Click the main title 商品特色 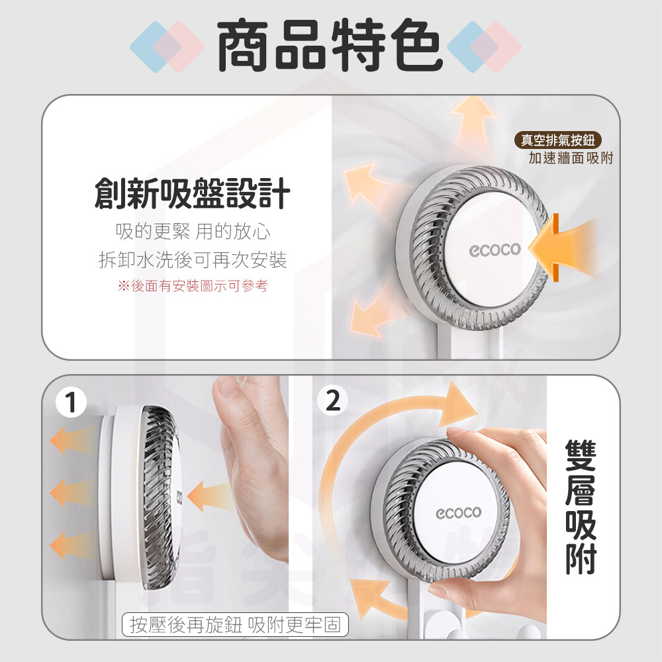[x=330, y=45]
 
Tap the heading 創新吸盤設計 [x=193, y=193]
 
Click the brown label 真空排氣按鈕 [x=557, y=140]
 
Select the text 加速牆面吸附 [x=571, y=158]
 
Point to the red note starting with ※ [x=193, y=286]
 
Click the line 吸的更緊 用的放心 [x=193, y=231]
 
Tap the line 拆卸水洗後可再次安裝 [x=193, y=260]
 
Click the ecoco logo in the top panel [x=495, y=250]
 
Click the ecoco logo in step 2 [x=459, y=512]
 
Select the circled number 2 [x=333, y=401]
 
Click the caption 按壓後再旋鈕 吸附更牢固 [x=235, y=624]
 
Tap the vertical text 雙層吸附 [x=581, y=506]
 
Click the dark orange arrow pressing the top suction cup [x=545, y=248]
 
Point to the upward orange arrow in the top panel [x=473, y=126]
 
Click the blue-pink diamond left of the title [x=167, y=46]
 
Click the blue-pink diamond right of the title [x=484, y=46]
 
